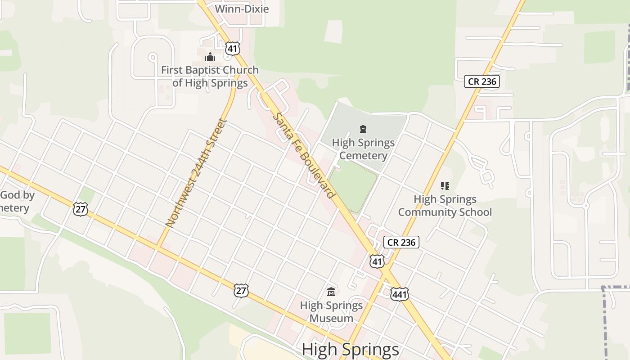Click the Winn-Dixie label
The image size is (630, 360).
(x=242, y=9)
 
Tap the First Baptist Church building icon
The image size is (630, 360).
(x=210, y=57)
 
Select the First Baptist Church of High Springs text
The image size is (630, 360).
(x=210, y=76)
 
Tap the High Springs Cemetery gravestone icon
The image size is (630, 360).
(x=363, y=130)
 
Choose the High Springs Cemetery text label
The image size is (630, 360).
(x=363, y=149)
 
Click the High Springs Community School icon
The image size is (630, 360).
(x=445, y=185)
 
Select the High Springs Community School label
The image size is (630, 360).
(x=445, y=205)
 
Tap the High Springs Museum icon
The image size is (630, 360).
(x=331, y=292)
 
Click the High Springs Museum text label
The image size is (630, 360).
(x=331, y=312)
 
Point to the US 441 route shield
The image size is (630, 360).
(x=400, y=294)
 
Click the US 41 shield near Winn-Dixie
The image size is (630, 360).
(x=232, y=49)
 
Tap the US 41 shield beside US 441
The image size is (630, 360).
(x=377, y=261)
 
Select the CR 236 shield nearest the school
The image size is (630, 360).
(x=401, y=242)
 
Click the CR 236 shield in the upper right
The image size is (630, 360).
(x=482, y=81)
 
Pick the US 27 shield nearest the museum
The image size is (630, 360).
(x=241, y=291)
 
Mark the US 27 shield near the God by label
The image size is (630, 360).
(x=80, y=209)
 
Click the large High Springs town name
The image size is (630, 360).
(x=350, y=350)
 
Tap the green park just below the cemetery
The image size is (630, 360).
(x=354, y=185)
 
